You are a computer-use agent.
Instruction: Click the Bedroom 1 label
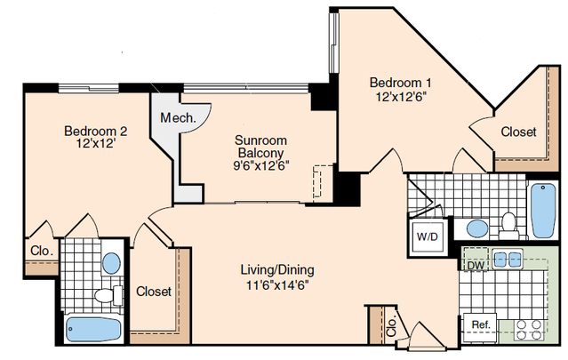pyautogui.click(x=400, y=83)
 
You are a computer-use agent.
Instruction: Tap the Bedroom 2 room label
pyautogui.click(x=96, y=131)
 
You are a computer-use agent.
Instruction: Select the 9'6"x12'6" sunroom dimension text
pyautogui.click(x=260, y=165)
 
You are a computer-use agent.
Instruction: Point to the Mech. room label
pyautogui.click(x=178, y=117)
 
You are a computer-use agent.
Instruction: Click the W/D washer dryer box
pyautogui.click(x=428, y=236)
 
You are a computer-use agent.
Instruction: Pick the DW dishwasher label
pyautogui.click(x=476, y=266)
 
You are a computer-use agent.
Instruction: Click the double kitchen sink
pyautogui.click(x=508, y=260)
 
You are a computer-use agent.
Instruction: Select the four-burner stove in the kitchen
pyautogui.click(x=529, y=330)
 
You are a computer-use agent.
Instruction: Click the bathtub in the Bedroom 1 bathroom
pyautogui.click(x=543, y=211)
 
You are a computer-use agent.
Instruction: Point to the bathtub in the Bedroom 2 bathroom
pyautogui.click(x=93, y=329)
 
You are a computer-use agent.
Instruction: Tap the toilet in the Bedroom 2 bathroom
pyautogui.click(x=108, y=295)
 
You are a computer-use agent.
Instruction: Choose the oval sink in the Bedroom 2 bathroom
pyautogui.click(x=111, y=263)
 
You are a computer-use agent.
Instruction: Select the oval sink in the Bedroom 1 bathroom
pyautogui.click(x=477, y=228)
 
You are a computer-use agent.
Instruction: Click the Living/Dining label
pyautogui.click(x=277, y=270)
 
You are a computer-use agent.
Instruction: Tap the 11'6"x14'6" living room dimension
pyautogui.click(x=277, y=285)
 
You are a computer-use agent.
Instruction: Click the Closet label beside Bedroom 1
pyautogui.click(x=518, y=132)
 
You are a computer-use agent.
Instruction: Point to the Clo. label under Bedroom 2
pyautogui.click(x=42, y=251)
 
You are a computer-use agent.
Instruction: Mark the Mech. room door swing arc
pyautogui.click(x=204, y=123)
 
